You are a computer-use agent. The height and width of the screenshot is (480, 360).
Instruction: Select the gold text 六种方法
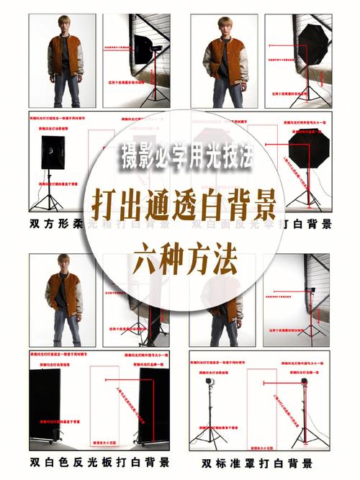click(180, 261)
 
